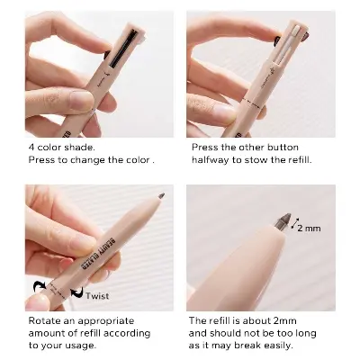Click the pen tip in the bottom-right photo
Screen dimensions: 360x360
[x=286, y=219]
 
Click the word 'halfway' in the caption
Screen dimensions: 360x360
[x=211, y=160]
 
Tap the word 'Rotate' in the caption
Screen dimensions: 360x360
[x=44, y=320]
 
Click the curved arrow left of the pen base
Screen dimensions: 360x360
[x=40, y=287]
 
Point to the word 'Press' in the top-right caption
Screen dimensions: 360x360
[x=204, y=147]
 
